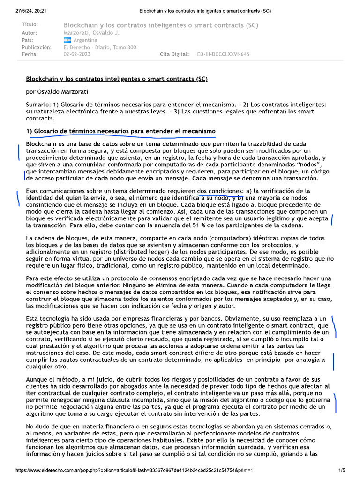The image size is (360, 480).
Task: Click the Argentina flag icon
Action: click(67, 40)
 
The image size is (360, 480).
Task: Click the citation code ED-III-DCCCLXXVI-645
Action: click(223, 54)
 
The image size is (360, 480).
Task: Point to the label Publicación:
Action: click(37, 47)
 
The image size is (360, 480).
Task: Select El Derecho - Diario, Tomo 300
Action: click(100, 47)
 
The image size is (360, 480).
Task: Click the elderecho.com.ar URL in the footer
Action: click(134, 470)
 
